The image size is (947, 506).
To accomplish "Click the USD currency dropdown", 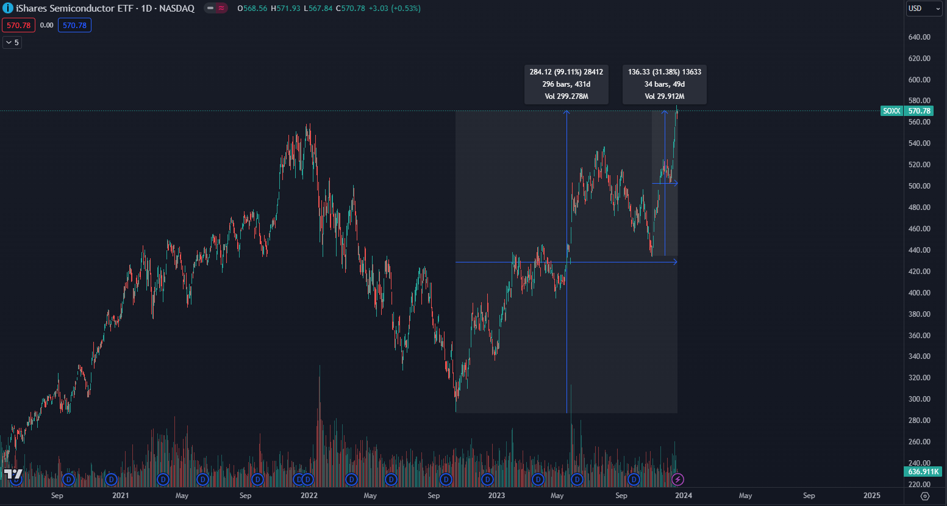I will click(x=924, y=9).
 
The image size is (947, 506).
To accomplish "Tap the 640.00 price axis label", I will click(x=919, y=37).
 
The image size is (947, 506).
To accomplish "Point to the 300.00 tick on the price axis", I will click(x=919, y=399).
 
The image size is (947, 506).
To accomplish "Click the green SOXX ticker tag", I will click(x=892, y=111).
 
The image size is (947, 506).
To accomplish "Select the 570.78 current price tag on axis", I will click(x=920, y=111).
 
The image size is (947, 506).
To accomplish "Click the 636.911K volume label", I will click(x=923, y=472).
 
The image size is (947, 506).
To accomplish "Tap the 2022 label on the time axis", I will click(x=309, y=496).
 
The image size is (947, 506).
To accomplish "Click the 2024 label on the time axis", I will click(x=684, y=496).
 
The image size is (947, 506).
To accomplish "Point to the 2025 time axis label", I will click(x=872, y=496).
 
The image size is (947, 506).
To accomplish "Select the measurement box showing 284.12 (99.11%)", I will click(x=566, y=84).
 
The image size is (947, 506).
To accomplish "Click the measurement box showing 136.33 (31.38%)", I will click(x=664, y=84).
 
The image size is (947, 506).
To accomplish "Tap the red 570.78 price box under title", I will click(x=18, y=26).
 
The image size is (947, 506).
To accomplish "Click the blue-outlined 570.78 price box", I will click(x=74, y=26).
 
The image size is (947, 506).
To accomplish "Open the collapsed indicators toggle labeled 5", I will click(x=12, y=43).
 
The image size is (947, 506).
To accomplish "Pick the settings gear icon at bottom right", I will click(x=925, y=496).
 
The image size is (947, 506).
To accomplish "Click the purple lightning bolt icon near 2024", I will click(x=677, y=480).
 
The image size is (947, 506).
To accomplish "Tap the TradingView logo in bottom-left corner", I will click(x=13, y=474).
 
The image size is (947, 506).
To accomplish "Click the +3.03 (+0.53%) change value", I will click(x=395, y=9).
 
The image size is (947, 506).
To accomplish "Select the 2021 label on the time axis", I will click(x=121, y=496).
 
